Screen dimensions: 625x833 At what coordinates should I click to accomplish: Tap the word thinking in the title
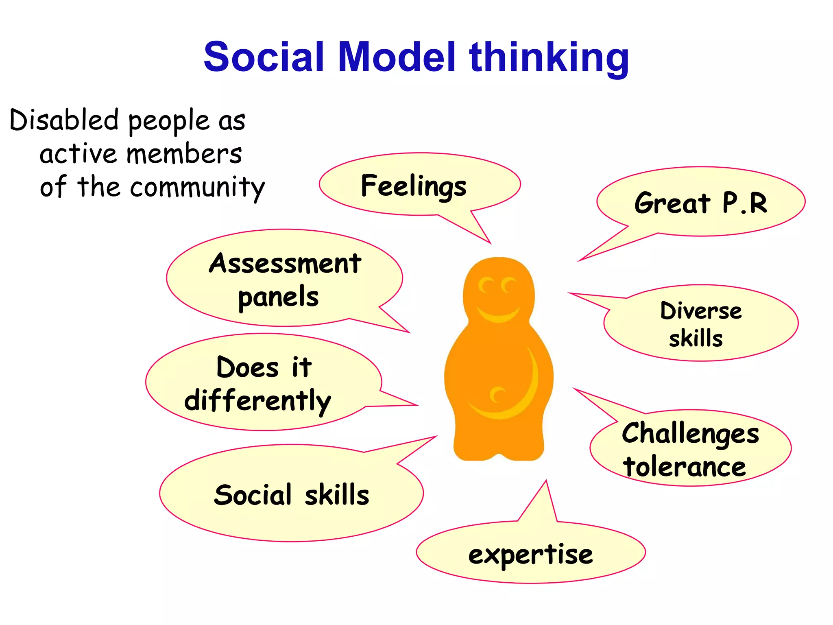(549, 58)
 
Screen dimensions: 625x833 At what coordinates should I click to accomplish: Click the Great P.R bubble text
(701, 203)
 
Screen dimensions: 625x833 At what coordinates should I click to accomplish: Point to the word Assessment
(285, 263)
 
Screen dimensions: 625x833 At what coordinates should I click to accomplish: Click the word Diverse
(701, 311)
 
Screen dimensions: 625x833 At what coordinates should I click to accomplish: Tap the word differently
(258, 401)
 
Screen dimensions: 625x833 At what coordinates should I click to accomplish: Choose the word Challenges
(690, 434)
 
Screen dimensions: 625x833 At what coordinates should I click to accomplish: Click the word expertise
(530, 555)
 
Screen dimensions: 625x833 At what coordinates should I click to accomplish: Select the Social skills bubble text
(291, 495)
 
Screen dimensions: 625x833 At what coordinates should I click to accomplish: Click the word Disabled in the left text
(64, 120)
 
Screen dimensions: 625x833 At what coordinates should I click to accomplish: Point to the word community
(197, 188)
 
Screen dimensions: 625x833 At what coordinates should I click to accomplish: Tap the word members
(184, 154)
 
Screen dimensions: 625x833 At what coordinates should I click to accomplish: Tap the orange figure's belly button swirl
(497, 394)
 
